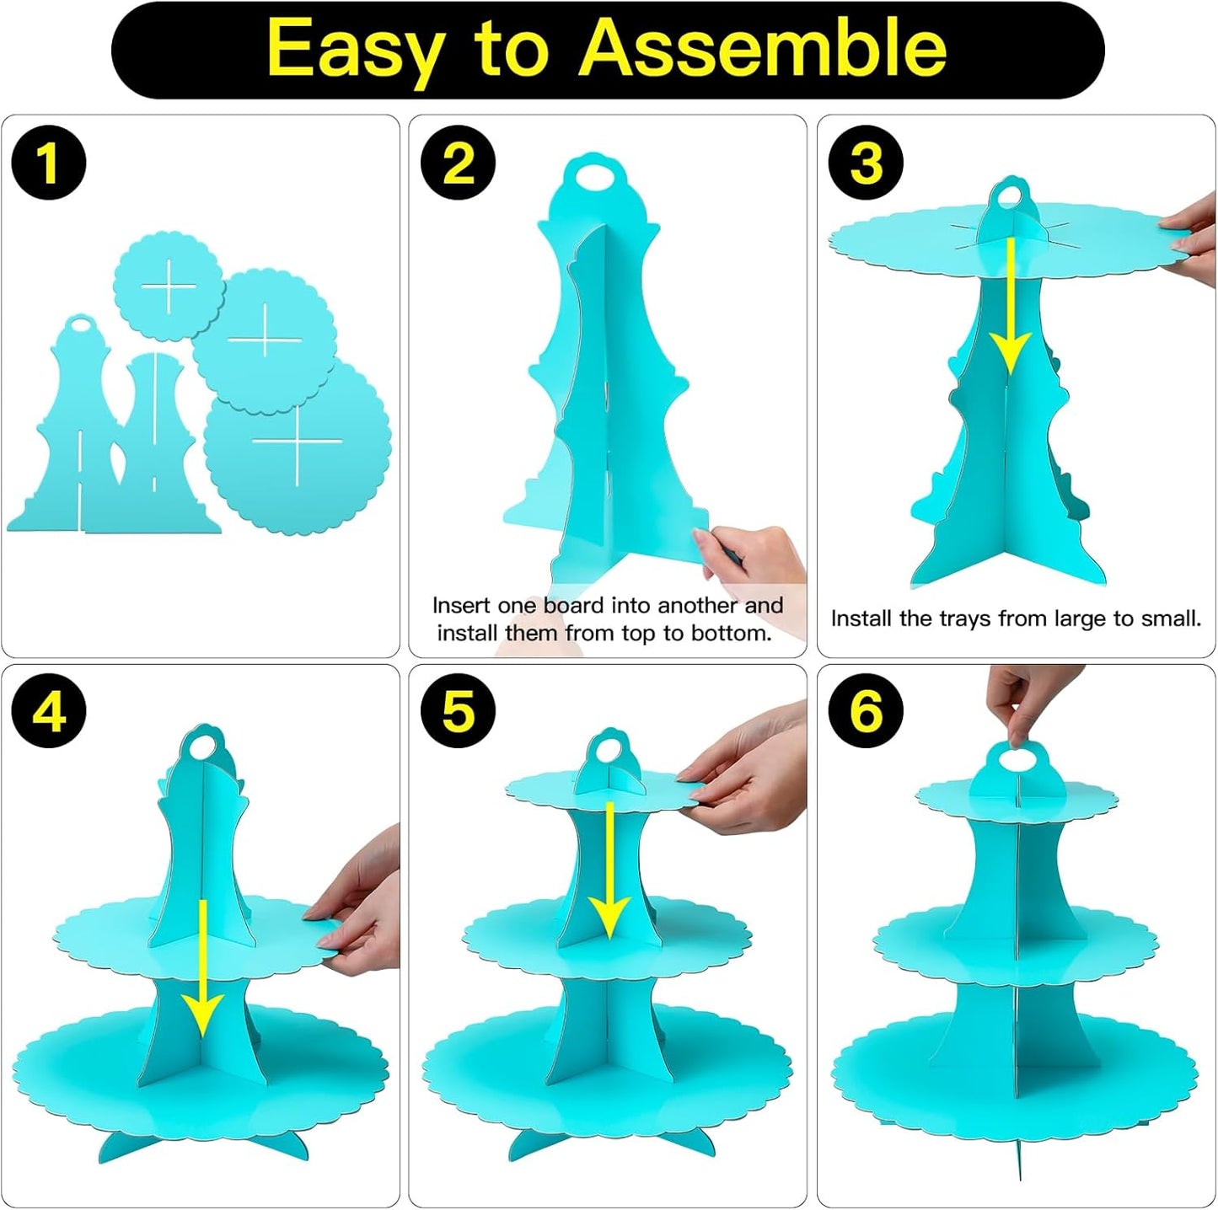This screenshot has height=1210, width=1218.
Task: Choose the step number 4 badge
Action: point(49,712)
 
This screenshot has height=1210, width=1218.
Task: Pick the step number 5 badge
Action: point(459,712)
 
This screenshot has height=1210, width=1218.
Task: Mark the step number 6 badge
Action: point(867,712)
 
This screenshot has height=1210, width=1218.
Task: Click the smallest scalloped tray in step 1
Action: point(169,286)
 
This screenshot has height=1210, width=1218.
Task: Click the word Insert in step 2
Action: point(461,605)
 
